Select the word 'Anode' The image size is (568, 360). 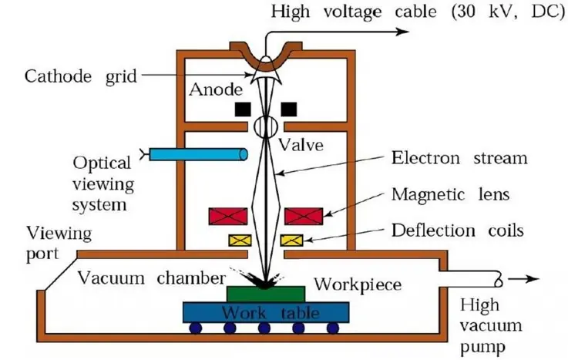[211, 89]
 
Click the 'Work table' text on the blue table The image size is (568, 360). [266, 313]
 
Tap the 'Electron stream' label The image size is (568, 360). [459, 159]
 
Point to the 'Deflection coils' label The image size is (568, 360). [459, 229]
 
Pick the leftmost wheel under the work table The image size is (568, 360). [196, 328]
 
